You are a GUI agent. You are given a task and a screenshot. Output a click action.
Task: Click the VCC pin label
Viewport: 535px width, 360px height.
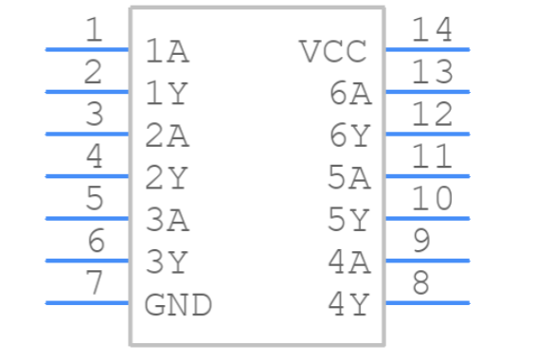332,51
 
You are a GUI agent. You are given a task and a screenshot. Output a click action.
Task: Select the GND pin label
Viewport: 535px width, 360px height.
178,305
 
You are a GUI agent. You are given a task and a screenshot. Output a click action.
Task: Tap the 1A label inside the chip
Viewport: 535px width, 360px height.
168,51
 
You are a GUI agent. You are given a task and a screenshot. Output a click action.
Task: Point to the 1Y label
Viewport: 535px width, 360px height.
168,93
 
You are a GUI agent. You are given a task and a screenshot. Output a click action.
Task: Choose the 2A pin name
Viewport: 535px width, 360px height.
168,135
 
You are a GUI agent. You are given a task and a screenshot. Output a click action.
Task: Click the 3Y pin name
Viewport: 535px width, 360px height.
168,262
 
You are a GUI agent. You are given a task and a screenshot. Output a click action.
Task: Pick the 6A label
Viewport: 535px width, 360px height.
350,93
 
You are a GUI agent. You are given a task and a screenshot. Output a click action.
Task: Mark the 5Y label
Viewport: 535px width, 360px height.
349,220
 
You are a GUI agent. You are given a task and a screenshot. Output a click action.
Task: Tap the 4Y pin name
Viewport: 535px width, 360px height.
349,305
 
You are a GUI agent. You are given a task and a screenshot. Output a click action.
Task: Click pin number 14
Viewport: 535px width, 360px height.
433,30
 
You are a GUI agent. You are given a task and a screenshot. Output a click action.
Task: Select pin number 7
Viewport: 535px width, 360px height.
94,283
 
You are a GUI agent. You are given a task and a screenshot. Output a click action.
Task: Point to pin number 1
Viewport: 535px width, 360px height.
94,30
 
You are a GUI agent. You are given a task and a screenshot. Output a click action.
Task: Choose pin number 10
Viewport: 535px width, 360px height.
433,199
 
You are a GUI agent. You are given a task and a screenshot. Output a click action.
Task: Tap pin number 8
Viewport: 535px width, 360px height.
422,283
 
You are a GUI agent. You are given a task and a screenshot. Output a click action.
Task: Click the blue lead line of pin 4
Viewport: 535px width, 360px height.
87,175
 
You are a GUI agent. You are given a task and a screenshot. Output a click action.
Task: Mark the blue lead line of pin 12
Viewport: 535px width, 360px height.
427,134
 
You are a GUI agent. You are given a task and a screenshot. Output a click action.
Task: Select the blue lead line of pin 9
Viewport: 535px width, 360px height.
427,261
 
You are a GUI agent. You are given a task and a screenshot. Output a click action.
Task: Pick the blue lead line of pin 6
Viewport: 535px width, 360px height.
87,261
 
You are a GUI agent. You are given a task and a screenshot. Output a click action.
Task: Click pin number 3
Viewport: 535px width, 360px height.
94,115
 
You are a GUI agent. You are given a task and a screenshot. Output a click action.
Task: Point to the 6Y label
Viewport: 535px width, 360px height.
350,135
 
